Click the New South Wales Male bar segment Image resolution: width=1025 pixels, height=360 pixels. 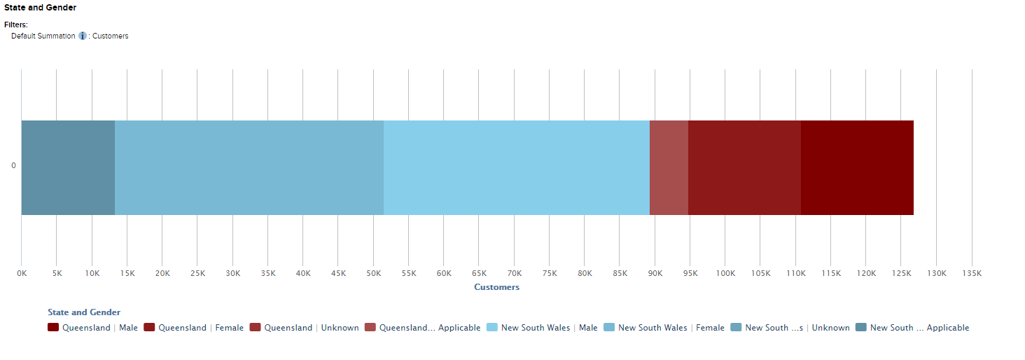pos(517,167)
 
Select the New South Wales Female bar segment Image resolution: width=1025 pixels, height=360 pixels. pos(249,167)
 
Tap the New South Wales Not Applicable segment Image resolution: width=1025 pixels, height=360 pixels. pos(68,167)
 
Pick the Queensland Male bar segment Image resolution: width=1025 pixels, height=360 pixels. pos(857,167)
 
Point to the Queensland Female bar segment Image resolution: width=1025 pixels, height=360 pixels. pos(744,167)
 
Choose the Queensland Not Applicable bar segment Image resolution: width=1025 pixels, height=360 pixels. pos(669,167)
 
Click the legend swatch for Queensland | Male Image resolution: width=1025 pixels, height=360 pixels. pos(53,328)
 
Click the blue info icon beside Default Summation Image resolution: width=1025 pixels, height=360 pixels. pos(83,36)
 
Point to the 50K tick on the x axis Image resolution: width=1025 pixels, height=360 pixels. pos(373,273)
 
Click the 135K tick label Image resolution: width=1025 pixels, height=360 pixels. pos(972,273)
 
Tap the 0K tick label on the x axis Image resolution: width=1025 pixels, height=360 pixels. pos(22,273)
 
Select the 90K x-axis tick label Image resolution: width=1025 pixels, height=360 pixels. pos(655,273)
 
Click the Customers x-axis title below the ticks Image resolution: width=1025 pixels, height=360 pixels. pos(496,287)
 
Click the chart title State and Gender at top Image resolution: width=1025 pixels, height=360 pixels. pos(41,8)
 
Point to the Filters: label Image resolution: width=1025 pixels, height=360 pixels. pos(16,25)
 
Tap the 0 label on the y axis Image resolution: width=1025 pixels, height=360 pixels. pos(13,166)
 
